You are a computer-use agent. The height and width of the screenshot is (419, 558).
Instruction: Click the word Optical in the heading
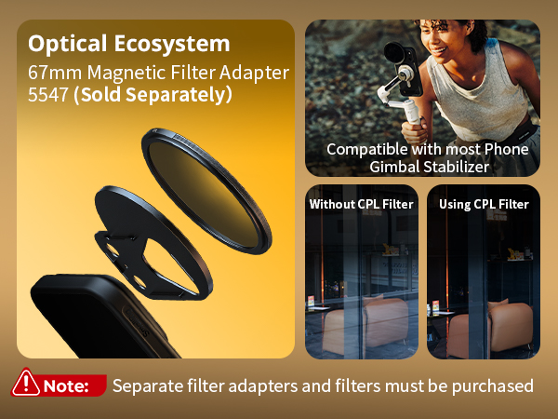point(67,44)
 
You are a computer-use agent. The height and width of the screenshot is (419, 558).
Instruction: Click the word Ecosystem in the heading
point(172,44)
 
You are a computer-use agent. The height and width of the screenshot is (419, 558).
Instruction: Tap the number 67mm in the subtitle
point(55,73)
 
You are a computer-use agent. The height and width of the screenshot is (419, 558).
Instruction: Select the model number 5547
point(48,95)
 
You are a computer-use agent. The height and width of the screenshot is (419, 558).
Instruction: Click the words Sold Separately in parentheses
point(153,95)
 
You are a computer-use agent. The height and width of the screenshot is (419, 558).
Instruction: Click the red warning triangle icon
point(26,383)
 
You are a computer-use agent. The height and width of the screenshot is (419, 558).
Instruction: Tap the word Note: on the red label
point(66,385)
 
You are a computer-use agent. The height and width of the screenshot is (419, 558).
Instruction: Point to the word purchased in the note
point(493,386)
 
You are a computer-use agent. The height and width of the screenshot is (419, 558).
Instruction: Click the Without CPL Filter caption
point(361,204)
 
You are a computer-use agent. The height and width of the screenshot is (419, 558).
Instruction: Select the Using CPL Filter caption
point(484,204)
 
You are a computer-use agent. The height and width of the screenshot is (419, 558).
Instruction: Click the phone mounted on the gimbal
point(405,70)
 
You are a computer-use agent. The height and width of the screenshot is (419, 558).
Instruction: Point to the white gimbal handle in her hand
point(412,113)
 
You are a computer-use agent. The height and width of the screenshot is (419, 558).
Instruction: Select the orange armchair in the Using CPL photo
point(491,328)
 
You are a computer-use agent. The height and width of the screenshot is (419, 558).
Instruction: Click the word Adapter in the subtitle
point(254,73)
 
